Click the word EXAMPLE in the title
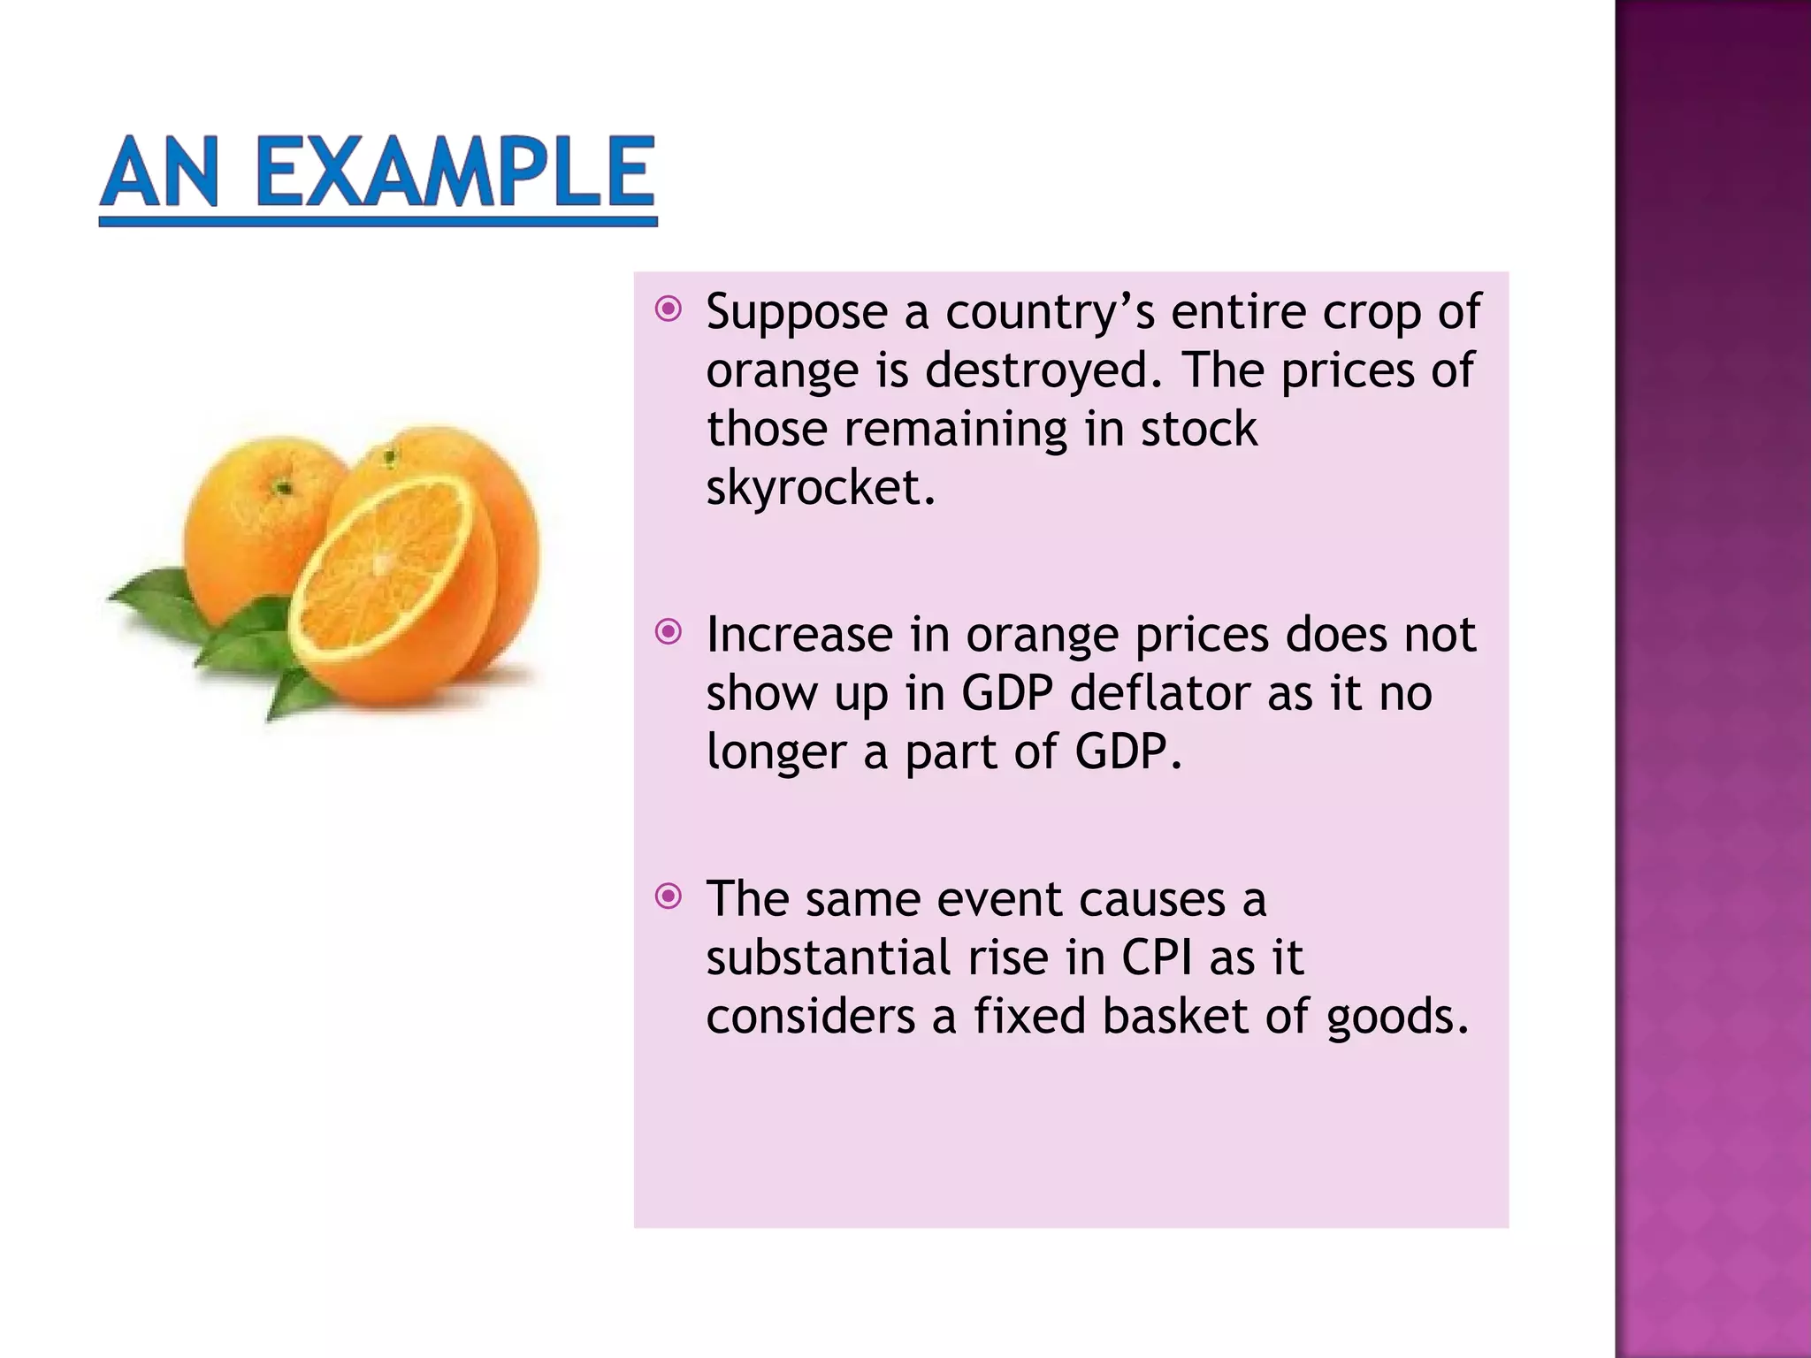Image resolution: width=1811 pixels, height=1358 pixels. click(455, 172)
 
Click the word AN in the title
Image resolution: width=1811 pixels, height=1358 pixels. click(160, 172)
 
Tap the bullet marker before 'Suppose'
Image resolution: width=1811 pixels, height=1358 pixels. click(669, 309)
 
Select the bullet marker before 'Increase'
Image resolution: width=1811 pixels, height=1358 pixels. click(669, 631)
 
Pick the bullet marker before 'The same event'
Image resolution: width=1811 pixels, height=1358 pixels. click(669, 896)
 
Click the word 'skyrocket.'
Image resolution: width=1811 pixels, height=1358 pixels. click(820, 487)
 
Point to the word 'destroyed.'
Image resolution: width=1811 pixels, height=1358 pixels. click(1043, 370)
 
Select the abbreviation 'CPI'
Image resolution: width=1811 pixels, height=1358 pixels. click(1157, 957)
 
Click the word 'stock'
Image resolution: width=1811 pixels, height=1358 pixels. click(1198, 429)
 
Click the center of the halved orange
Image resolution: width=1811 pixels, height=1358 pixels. click(384, 563)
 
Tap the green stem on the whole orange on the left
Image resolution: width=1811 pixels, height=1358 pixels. click(281, 487)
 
